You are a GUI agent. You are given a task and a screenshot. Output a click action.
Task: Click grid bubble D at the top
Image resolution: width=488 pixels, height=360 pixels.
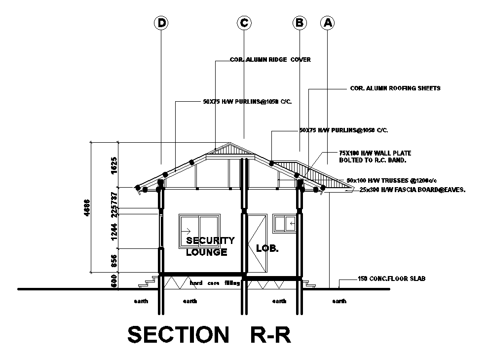pos(161,23)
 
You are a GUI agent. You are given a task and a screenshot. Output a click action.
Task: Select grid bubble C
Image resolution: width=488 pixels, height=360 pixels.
pos(244,23)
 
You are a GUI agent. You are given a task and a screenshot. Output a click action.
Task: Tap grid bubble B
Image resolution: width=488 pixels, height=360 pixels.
pos(299,23)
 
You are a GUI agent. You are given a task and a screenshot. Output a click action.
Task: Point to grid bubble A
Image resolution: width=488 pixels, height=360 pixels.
pos(327,23)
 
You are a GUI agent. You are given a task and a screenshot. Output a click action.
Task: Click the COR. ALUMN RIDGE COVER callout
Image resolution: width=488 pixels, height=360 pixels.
pos(270,60)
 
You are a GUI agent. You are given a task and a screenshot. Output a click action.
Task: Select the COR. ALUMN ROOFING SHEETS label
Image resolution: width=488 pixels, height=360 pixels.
pos(395,88)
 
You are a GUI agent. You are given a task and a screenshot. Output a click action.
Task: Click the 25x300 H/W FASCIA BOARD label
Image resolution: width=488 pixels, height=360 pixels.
pos(413,189)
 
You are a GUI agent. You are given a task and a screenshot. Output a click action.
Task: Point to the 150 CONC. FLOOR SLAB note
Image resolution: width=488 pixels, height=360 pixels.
pos(391,279)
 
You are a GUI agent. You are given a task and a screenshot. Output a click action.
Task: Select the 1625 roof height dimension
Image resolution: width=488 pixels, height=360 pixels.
pos(114,164)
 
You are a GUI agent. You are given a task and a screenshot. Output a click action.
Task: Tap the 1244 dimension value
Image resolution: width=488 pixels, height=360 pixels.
pos(114,231)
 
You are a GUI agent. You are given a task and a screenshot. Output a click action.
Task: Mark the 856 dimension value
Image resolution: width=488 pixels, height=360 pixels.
pos(114,260)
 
